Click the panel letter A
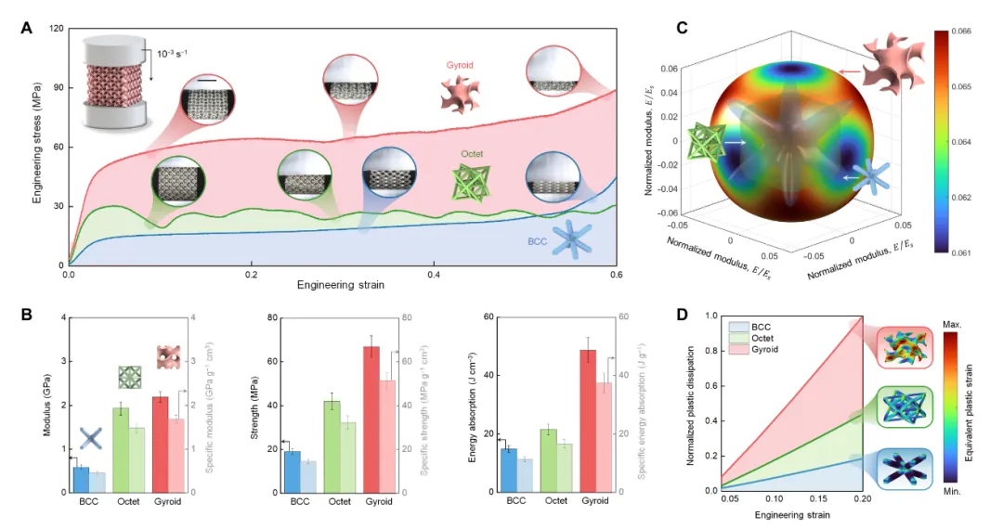tap(28, 29)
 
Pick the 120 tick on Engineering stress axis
tap(55, 29)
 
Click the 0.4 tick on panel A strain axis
tap(434, 276)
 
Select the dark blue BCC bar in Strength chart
tap(292, 471)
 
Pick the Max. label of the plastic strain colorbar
tap(966, 325)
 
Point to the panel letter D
tap(683, 316)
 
